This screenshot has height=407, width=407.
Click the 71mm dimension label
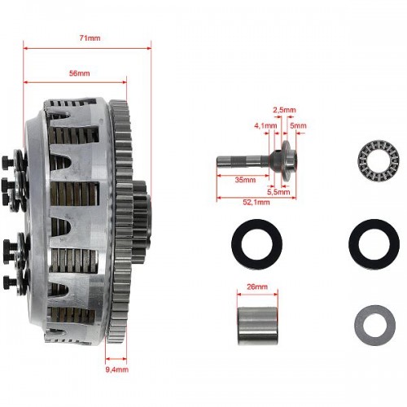pos(90,38)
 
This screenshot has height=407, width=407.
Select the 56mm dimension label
pos(79,73)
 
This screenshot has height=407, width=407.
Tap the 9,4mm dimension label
pos(117,370)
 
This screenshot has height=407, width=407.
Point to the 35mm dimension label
pos(245,180)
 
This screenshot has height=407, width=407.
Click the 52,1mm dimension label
pos(256,202)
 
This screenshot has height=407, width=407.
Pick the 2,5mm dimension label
pos(284,110)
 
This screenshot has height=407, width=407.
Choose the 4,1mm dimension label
pos(265,125)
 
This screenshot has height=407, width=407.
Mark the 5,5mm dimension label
pos(278,192)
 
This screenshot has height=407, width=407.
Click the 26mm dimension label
pos(257,287)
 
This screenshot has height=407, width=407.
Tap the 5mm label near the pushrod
pos(298,125)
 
